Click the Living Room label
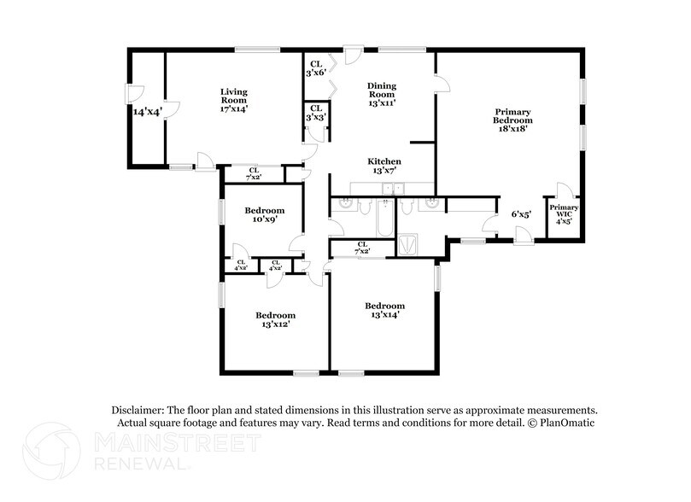point(233,100)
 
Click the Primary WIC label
point(564,214)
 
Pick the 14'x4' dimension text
point(147,112)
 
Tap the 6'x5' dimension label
point(522,214)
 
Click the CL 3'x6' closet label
point(316,68)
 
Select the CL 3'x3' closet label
point(316,113)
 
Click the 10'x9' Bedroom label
point(264,215)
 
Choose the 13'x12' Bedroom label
point(276,319)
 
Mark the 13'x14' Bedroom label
point(384,311)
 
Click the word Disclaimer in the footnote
point(139,410)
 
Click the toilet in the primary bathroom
point(407,206)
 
